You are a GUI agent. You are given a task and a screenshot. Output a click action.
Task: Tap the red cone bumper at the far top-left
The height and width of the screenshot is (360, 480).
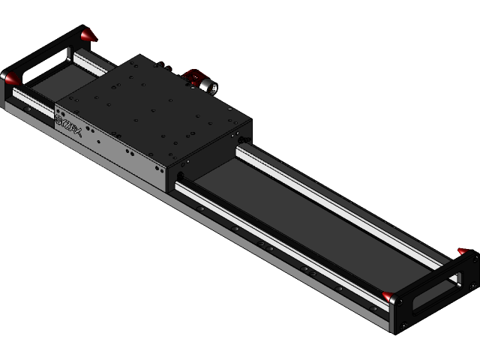(88, 34)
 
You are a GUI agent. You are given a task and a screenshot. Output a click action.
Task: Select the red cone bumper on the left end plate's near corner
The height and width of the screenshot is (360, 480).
(10, 77)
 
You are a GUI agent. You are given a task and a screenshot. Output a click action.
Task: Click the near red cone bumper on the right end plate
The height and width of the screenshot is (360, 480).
(388, 297)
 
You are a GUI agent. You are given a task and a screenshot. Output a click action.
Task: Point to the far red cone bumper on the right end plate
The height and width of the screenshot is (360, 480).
(463, 252)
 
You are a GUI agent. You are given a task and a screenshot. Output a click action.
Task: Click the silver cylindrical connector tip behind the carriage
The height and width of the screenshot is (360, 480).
(208, 87)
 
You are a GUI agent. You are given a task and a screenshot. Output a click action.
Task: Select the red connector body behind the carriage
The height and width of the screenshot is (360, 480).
(193, 76)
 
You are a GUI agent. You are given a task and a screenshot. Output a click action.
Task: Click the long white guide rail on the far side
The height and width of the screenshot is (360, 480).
(337, 202)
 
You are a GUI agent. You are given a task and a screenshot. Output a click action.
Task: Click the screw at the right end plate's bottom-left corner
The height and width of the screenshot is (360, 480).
(403, 325)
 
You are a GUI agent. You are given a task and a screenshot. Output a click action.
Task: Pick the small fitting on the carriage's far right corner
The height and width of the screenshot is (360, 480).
(241, 140)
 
